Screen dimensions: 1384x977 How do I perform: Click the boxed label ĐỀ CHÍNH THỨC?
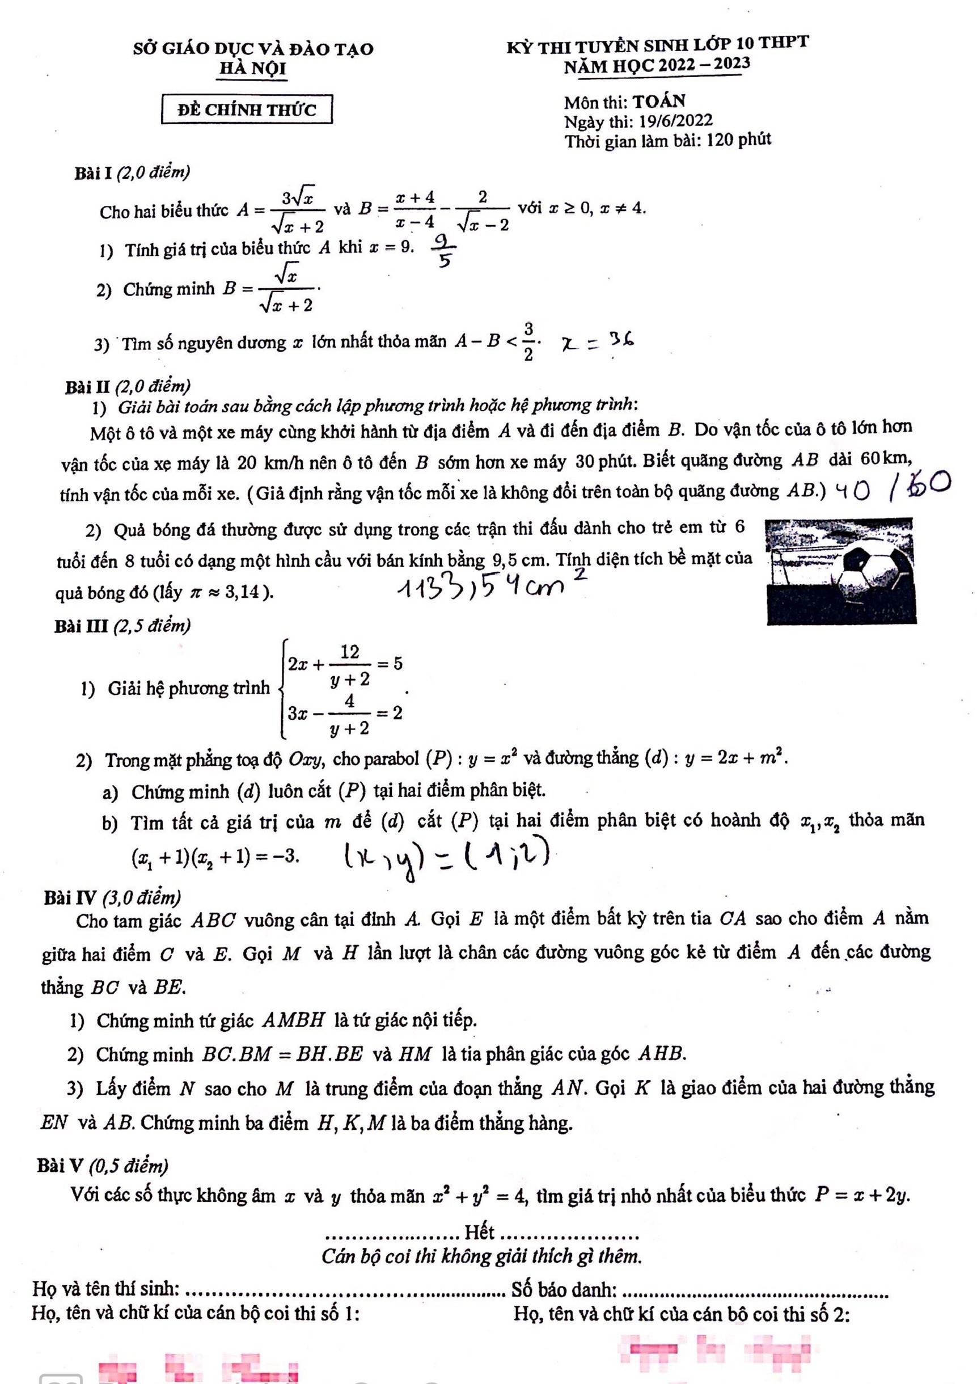pos(247,109)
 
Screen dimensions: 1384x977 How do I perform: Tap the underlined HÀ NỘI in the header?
pos(252,68)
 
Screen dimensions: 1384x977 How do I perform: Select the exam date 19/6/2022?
pos(676,121)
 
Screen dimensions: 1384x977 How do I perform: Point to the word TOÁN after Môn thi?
pos(659,102)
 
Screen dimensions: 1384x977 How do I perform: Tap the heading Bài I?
pos(94,174)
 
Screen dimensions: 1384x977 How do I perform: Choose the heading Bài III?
pos(81,627)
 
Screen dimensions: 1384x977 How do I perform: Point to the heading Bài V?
pos(60,1166)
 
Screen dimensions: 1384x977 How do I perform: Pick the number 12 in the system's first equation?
pos(349,652)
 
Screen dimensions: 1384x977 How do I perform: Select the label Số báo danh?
pos(564,1289)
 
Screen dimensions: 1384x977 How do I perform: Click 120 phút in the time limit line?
pos(739,141)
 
